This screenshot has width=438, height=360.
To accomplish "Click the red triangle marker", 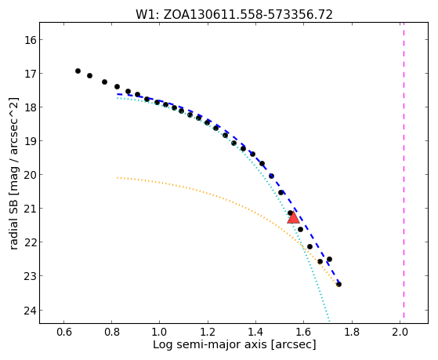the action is pos(293,218).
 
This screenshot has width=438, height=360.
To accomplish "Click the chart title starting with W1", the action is pos(234,15).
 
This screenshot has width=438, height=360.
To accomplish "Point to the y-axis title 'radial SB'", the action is pos(13,174).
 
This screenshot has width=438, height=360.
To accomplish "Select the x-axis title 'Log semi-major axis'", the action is pos(234,344).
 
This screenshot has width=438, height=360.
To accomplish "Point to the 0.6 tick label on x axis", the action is pos(63,332).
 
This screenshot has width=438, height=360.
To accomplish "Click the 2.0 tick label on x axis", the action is pos(400,332).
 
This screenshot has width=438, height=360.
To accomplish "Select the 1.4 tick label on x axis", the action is pos(255,332).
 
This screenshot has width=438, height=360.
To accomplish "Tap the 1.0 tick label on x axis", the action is pos(160,332).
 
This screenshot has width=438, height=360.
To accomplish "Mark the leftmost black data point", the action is pos(78,71).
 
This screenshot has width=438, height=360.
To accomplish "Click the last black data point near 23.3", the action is pos(338,285).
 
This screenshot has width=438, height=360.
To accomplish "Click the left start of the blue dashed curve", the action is pos(118,94).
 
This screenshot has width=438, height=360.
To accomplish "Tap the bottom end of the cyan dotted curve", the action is pos(330,322).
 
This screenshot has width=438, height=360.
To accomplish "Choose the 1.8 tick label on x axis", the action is pos(352,332).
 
